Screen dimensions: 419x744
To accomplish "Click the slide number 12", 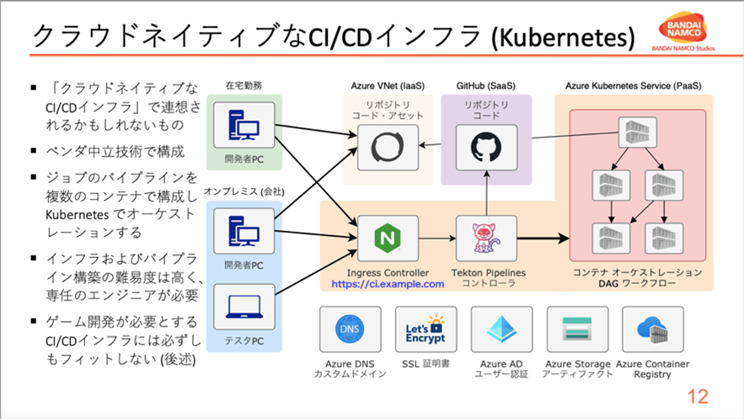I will [699, 397].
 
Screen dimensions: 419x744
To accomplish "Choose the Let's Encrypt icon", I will [426, 330].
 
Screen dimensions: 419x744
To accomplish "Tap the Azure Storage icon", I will [578, 330].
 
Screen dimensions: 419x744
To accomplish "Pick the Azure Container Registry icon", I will [651, 330].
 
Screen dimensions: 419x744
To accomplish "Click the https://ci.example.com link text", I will [388, 285].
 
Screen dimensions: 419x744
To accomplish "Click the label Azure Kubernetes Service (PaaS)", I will [633, 86].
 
